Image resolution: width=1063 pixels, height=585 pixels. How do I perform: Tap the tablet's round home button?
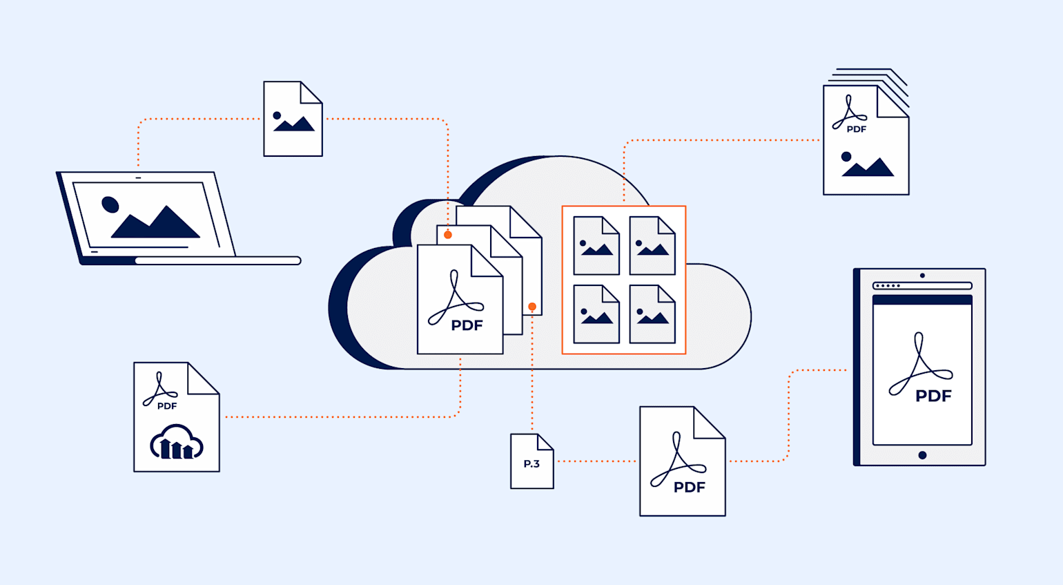point(922,455)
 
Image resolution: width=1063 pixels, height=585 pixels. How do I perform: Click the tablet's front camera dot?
point(922,276)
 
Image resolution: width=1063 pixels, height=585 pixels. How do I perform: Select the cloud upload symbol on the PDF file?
point(177,443)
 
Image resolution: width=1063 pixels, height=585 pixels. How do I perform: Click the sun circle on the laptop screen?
point(110,204)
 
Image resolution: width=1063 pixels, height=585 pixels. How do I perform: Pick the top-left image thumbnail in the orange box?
point(596,246)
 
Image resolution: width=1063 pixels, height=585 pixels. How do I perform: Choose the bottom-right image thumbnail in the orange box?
point(652,314)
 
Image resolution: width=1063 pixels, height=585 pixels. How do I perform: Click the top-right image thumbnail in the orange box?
point(652,246)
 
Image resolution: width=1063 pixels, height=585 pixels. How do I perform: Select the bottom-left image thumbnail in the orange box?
point(596,314)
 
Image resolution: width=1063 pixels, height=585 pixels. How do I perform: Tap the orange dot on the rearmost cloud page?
point(532,307)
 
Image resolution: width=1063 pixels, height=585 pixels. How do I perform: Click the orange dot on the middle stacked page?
point(448,235)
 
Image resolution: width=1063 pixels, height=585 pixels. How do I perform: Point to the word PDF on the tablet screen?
point(933,396)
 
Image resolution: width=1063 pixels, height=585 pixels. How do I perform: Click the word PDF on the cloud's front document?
point(467,325)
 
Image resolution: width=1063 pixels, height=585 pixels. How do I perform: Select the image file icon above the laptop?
point(293,119)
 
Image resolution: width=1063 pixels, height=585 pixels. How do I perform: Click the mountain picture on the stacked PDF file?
point(867,165)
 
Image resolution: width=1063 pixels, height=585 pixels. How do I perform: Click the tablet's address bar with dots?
point(922,285)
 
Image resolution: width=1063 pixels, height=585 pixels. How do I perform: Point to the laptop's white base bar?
point(217,260)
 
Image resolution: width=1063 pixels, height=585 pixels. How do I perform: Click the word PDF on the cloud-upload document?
point(167,406)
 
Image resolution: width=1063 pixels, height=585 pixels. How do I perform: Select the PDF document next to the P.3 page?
point(682,461)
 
